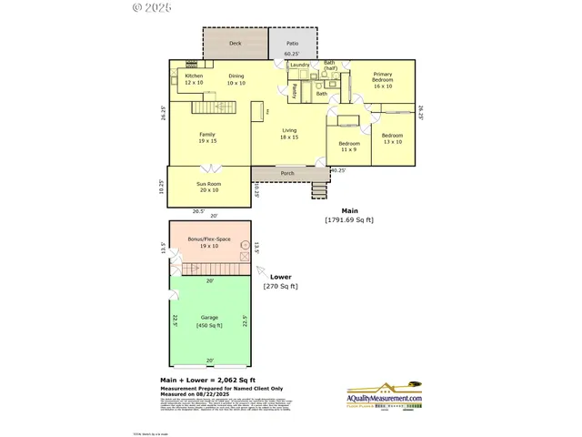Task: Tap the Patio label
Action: click(x=292, y=43)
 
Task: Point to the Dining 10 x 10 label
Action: click(x=236, y=79)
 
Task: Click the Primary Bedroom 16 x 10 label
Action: click(x=383, y=80)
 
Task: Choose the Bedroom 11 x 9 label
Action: click(x=350, y=147)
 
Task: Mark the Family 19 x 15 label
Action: click(x=207, y=137)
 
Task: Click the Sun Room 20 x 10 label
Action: click(x=208, y=187)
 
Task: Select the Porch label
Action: click(x=287, y=172)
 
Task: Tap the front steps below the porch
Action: click(x=318, y=189)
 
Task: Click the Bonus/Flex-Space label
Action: click(x=208, y=242)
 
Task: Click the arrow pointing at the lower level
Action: click(x=260, y=270)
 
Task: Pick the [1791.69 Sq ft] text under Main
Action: click(x=349, y=220)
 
